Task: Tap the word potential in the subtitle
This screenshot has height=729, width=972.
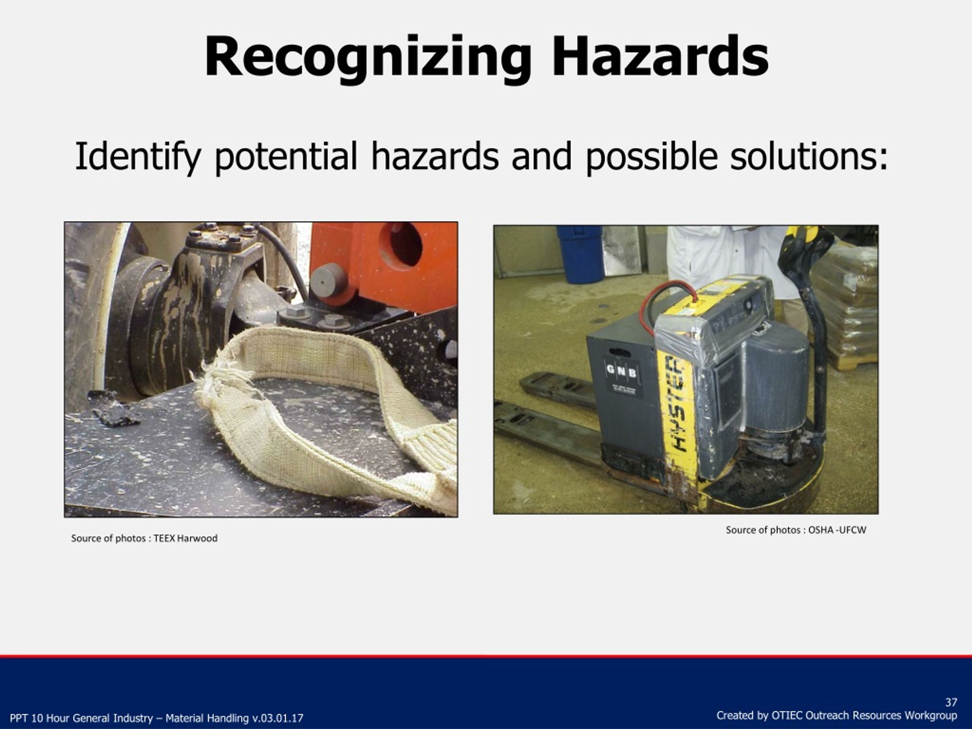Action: (286, 157)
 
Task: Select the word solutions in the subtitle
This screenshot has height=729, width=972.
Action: (808, 157)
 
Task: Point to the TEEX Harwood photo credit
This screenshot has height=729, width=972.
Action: (185, 538)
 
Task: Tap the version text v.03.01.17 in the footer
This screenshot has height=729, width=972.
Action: (277, 718)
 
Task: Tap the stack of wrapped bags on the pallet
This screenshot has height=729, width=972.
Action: (846, 303)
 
